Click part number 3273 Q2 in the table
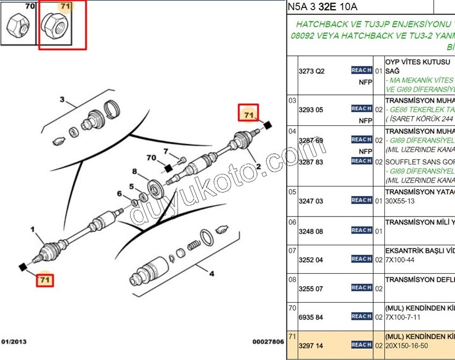tap(312, 71)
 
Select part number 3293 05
tap(311, 109)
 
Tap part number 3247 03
tap(311, 201)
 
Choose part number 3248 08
tap(311, 231)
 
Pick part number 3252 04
tap(311, 260)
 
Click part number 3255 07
tap(311, 289)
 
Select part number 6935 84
tap(311, 317)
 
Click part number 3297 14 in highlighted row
tap(311, 346)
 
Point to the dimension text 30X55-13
tap(400, 201)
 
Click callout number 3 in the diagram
tap(62, 100)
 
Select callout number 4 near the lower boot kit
tap(211, 274)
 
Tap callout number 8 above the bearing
tap(135, 171)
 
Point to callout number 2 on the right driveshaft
tap(258, 167)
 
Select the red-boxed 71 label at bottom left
tap(45, 279)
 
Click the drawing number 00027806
tap(268, 341)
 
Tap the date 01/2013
tap(14, 341)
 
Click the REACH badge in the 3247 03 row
tap(361, 200)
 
